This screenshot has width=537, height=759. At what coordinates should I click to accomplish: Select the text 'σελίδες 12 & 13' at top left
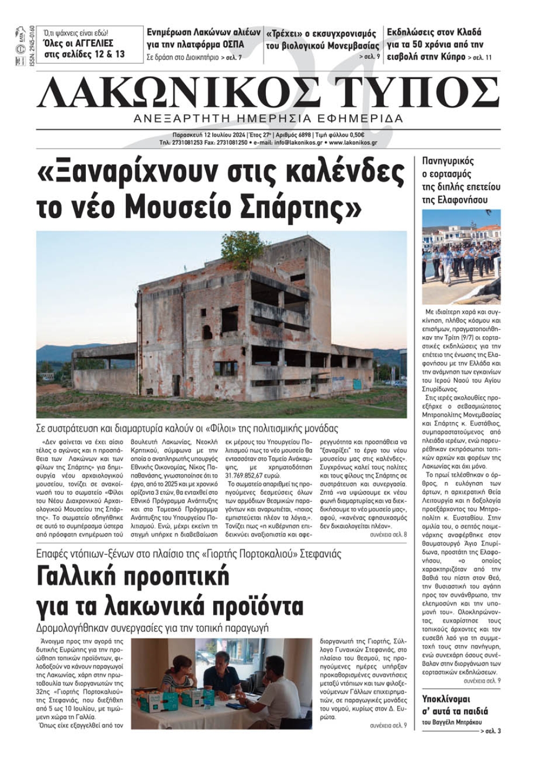92,54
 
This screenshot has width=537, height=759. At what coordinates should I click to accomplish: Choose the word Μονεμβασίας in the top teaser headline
349,46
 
